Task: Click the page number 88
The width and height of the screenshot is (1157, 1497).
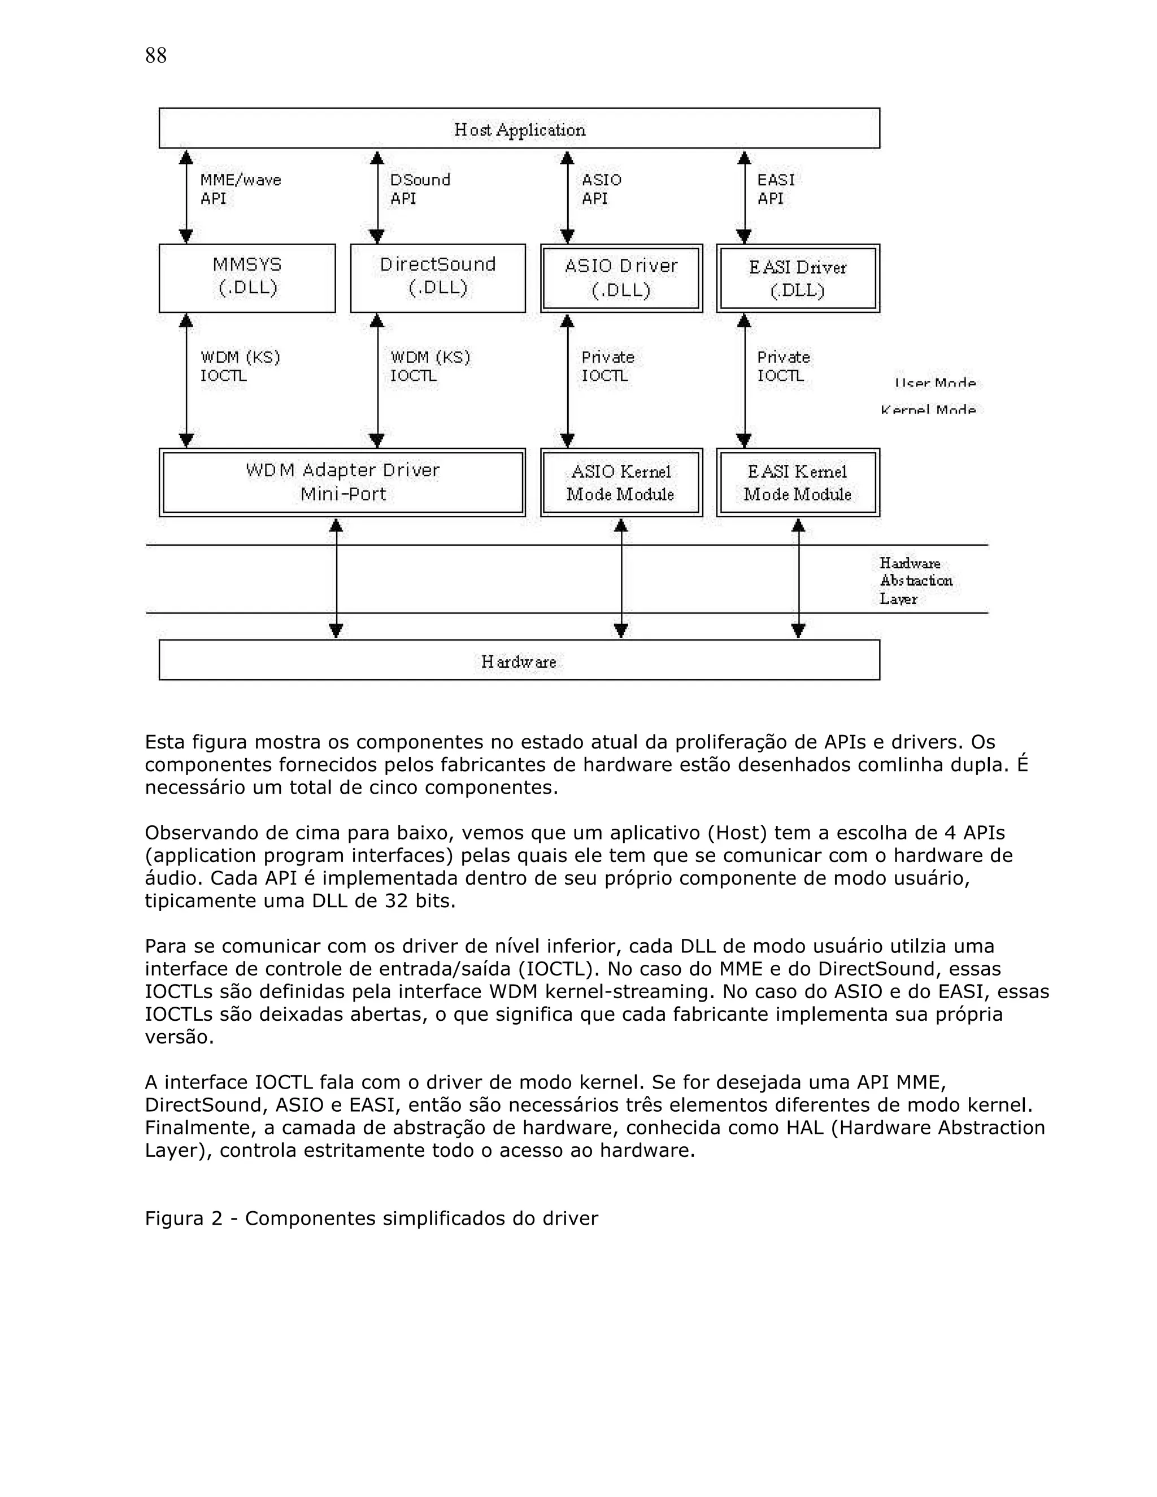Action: point(155,55)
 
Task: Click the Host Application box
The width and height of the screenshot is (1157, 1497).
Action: point(519,129)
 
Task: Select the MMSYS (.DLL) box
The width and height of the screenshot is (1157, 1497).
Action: point(247,277)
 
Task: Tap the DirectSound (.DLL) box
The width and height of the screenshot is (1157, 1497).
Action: point(437,277)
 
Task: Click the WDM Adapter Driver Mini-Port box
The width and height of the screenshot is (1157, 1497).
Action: point(342,482)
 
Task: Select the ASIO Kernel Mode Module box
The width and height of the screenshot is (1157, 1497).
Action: point(621,482)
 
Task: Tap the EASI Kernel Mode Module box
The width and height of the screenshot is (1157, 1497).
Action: point(798,482)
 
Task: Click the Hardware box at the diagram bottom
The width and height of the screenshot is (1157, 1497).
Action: point(519,660)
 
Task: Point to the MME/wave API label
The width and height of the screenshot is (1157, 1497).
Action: point(240,189)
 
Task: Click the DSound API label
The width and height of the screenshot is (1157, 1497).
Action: point(420,189)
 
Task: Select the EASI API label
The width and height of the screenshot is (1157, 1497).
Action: point(775,189)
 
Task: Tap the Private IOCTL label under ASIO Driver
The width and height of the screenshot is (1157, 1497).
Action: point(607,366)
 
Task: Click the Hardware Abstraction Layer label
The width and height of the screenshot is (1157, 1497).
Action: point(915,581)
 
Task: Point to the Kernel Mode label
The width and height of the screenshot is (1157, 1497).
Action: point(928,410)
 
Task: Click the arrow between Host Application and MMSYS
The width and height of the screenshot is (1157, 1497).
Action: point(186,197)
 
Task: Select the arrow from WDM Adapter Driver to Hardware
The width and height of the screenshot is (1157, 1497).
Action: point(336,578)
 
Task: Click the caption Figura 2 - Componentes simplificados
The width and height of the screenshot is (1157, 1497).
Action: point(371,1237)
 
